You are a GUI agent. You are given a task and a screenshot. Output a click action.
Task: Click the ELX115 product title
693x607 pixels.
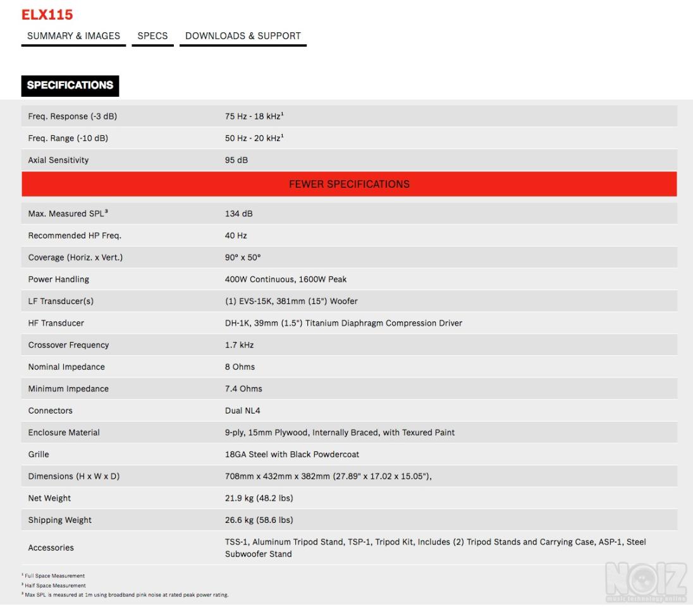(x=47, y=15)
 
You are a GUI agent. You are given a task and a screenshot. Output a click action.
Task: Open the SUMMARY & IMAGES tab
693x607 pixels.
(x=73, y=36)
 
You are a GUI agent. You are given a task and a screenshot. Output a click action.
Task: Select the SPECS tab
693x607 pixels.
(x=152, y=36)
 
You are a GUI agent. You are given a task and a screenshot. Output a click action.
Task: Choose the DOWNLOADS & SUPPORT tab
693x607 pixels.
(x=243, y=36)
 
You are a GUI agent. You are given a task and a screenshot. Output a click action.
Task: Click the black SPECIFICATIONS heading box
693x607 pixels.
(x=70, y=85)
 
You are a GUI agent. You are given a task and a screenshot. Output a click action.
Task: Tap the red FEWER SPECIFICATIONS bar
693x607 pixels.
(x=349, y=184)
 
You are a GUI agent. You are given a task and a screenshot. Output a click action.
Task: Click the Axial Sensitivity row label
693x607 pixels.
(x=58, y=160)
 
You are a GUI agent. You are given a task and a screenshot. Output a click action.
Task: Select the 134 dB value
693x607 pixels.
(x=238, y=214)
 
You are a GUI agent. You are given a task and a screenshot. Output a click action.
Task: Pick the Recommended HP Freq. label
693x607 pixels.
(x=75, y=235)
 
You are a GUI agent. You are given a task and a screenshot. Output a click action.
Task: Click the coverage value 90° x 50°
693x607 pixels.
(x=243, y=257)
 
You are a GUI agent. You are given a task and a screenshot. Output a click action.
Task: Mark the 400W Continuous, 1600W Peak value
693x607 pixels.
(x=286, y=279)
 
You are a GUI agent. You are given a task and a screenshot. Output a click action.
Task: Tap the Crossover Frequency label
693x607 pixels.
(x=68, y=345)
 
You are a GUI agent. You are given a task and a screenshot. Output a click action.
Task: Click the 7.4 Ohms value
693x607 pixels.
(x=243, y=389)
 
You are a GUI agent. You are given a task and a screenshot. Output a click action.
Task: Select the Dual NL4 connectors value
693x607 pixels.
(x=242, y=411)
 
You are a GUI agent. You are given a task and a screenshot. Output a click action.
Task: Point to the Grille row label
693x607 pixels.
(x=39, y=455)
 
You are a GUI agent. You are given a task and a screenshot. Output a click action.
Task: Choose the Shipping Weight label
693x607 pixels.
(x=60, y=520)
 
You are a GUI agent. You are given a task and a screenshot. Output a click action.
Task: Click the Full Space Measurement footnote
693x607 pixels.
(x=54, y=576)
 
